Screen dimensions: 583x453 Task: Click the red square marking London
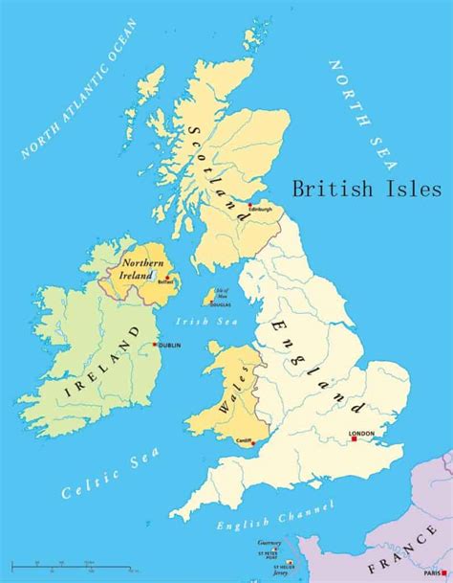click(x=353, y=442)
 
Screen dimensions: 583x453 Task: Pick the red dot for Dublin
click(x=153, y=345)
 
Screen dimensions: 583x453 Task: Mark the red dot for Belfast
click(x=168, y=278)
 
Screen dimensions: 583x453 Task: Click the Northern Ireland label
click(x=137, y=267)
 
